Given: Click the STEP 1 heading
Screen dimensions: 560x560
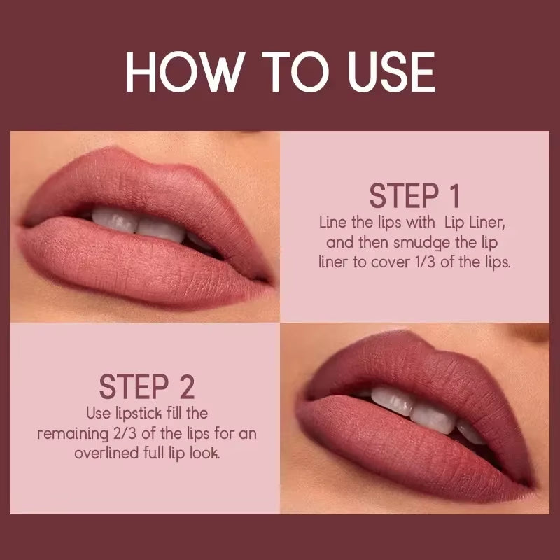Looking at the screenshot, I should pos(415,196).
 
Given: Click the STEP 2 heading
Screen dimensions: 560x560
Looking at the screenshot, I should pos(146,386).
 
